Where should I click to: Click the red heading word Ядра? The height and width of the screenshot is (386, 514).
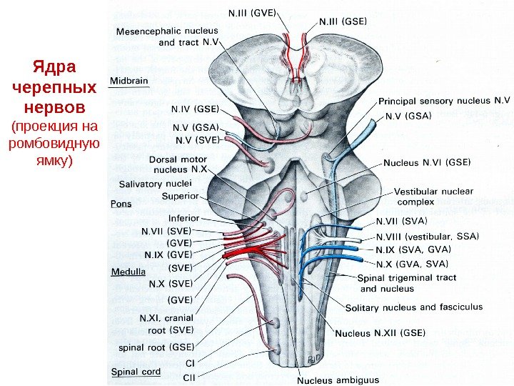coord(54,69)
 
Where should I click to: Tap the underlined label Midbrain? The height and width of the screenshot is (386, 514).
coord(129,81)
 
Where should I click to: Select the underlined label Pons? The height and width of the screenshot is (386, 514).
coord(121,203)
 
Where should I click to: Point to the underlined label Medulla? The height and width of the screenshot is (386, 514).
coord(128,272)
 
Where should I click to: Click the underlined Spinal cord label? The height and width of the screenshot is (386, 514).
coord(136,372)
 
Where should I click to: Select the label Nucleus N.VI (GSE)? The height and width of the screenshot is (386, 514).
coord(427,162)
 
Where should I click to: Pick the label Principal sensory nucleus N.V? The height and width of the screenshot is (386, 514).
coord(444,102)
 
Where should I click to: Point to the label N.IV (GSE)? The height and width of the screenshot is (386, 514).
coord(194,109)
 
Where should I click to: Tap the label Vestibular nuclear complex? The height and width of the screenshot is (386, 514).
coord(433,197)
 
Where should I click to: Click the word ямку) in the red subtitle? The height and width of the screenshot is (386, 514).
coord(54,161)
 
